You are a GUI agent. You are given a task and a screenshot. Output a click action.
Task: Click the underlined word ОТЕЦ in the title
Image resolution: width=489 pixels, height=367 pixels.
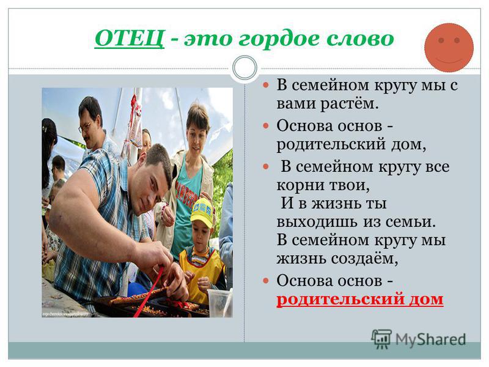tap(129, 39)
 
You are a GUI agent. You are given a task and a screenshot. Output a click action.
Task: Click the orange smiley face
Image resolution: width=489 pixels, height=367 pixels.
tap(449, 48)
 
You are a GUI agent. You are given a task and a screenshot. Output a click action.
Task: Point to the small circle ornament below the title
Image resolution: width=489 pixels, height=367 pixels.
tap(245, 68)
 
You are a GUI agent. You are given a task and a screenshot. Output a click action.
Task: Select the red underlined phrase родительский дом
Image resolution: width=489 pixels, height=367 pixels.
tap(360, 299)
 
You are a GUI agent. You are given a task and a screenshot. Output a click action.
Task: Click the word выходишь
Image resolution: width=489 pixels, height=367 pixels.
tap(317, 222)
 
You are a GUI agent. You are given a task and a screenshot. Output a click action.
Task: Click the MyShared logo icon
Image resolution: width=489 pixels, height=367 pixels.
tap(381, 339)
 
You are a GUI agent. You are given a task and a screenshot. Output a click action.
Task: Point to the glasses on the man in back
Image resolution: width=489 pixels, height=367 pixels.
tap(85, 127)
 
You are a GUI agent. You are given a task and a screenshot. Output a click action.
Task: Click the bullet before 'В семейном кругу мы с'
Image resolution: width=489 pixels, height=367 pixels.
tap(266, 84)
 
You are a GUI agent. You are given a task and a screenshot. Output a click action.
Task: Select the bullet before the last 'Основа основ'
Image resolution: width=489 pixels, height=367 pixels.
tap(266, 280)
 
